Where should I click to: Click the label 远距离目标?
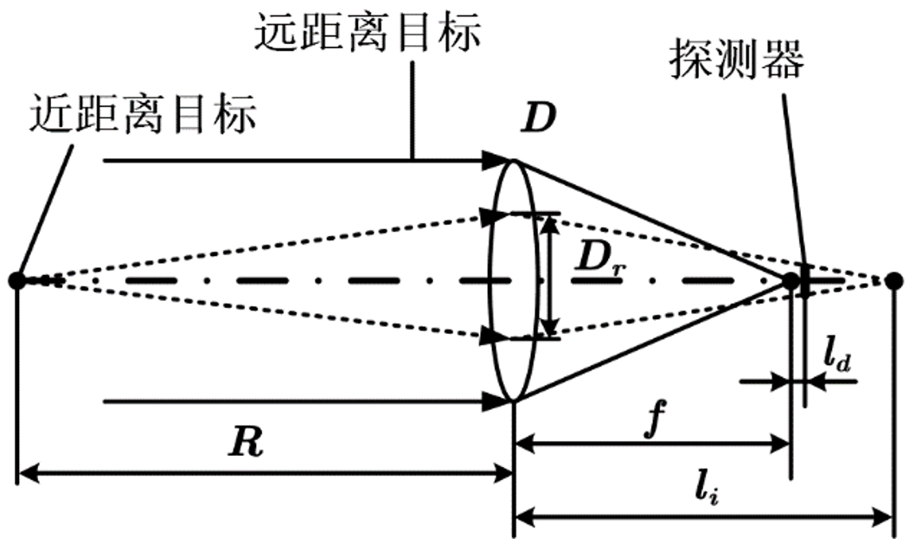click(367, 35)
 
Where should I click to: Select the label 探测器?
click(737, 58)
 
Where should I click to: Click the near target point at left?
click(16, 280)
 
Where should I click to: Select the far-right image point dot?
click(895, 280)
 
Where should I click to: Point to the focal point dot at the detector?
click(790, 280)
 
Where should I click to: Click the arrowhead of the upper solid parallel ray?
click(495, 160)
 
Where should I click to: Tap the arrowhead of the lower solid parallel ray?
click(495, 400)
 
